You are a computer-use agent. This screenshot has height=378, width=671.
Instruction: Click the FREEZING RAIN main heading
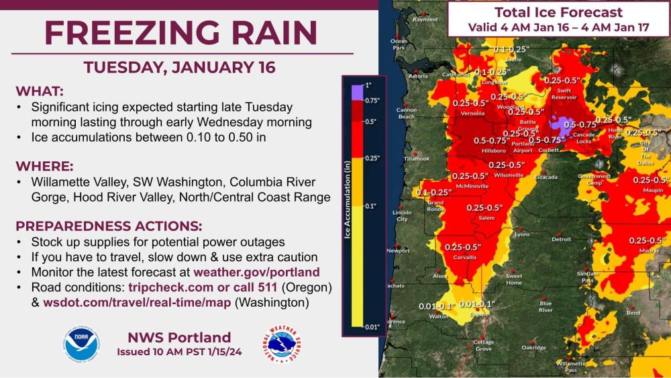click(x=181, y=33)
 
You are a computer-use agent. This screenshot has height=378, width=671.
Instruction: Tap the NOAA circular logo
click(x=82, y=344)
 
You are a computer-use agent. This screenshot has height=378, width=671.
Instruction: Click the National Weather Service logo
click(x=281, y=344)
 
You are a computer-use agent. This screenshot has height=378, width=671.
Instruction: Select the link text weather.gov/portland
click(x=256, y=272)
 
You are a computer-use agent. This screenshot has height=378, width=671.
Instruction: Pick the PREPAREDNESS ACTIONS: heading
click(x=108, y=225)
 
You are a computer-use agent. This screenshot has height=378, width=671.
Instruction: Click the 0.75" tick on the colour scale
click(x=372, y=100)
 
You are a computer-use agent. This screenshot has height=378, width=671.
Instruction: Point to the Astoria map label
click(x=417, y=76)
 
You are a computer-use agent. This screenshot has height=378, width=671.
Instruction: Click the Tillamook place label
click(x=417, y=158)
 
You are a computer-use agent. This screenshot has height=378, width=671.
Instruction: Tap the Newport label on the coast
click(x=398, y=251)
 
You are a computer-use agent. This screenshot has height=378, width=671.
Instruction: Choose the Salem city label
click(x=486, y=218)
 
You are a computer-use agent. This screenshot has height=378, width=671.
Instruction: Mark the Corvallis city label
click(x=464, y=256)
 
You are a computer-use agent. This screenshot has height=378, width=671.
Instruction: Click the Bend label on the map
click(x=633, y=313)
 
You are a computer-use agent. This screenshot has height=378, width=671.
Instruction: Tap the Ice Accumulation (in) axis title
click(x=347, y=204)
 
